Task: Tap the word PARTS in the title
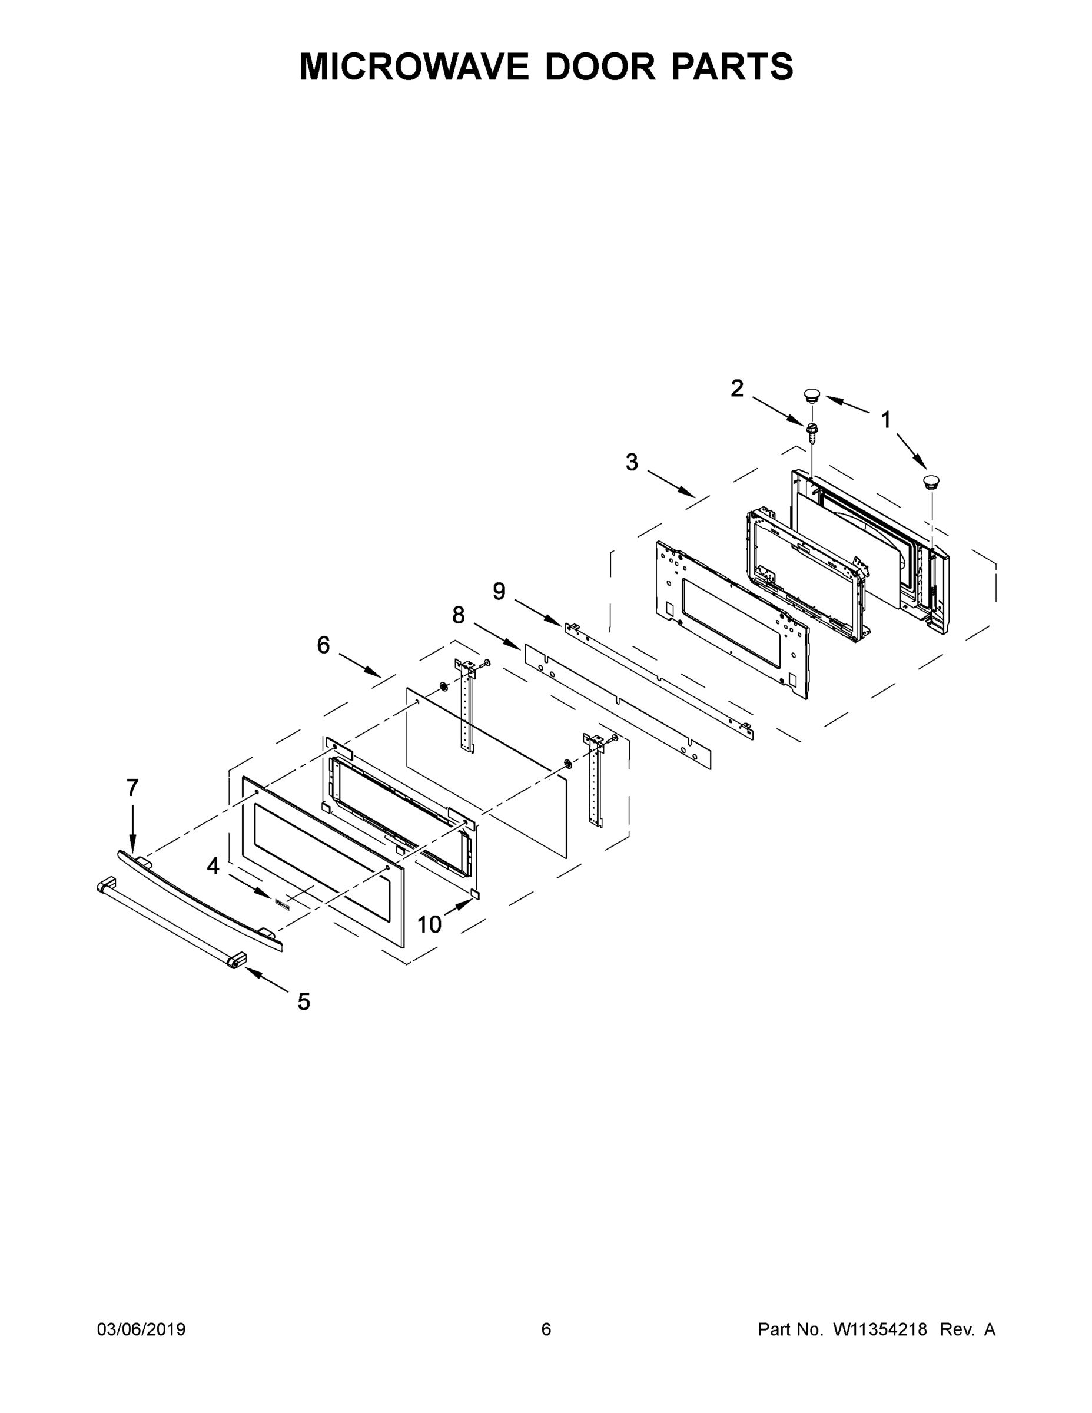tap(732, 67)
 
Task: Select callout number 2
tap(737, 389)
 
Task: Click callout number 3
tap(632, 463)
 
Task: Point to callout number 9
tap(499, 591)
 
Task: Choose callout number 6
tap(323, 645)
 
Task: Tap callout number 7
tap(132, 788)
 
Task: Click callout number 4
tap(214, 865)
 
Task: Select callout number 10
tap(429, 925)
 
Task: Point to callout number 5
tap(303, 1002)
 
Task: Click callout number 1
tap(885, 421)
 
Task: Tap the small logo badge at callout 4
tap(281, 903)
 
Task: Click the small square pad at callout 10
tap(475, 894)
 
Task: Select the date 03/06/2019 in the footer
tap(141, 1329)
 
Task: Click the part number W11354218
tap(880, 1329)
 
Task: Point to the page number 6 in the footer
tap(546, 1329)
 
